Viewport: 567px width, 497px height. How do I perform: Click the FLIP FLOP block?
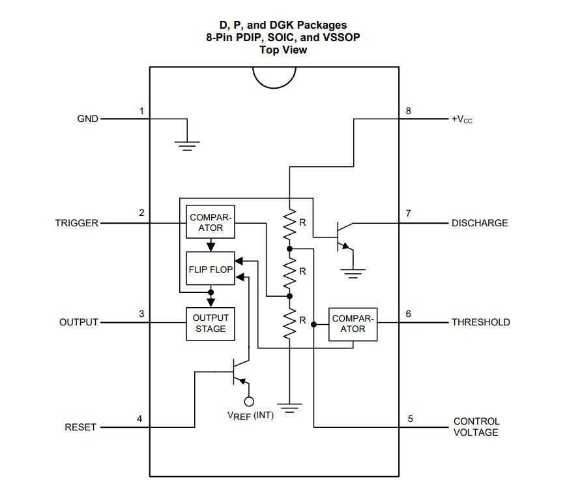(211, 269)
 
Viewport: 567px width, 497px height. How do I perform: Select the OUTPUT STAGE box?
(210, 324)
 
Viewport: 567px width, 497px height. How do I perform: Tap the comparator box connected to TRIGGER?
(210, 222)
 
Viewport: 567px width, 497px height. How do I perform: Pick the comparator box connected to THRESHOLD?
(353, 324)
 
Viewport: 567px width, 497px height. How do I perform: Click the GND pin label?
(88, 119)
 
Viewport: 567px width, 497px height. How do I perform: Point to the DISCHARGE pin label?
(480, 223)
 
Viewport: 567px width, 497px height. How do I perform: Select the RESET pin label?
(80, 427)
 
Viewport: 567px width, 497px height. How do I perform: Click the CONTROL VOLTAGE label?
(476, 427)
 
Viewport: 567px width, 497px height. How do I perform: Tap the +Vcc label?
(462, 119)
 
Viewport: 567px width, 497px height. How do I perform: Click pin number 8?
(409, 111)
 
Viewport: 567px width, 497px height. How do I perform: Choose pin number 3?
(141, 314)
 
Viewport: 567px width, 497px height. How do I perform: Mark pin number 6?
(409, 314)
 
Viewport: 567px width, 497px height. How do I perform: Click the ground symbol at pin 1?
(188, 145)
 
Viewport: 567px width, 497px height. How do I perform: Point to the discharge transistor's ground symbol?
(353, 273)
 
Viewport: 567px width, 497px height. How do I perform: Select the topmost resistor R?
(289, 223)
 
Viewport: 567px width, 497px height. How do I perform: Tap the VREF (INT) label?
(250, 415)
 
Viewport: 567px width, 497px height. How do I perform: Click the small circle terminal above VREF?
(249, 401)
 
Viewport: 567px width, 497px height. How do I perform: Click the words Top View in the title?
(283, 50)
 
